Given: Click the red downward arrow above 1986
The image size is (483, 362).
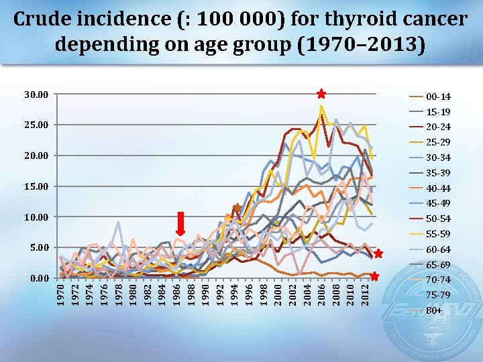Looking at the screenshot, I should [180, 223].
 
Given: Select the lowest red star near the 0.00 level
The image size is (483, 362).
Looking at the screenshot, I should [374, 276].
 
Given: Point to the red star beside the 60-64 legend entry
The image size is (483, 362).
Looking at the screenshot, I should [378, 253].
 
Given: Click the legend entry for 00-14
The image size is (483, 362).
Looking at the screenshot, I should [438, 97].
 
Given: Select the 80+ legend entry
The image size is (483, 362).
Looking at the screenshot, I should [435, 310].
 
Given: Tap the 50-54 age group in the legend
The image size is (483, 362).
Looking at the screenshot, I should [438, 219].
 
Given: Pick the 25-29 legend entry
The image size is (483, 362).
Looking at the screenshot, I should [438, 142].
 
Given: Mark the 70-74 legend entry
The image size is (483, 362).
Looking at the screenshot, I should [438, 280].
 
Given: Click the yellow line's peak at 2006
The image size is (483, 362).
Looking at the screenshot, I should [321, 106].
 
